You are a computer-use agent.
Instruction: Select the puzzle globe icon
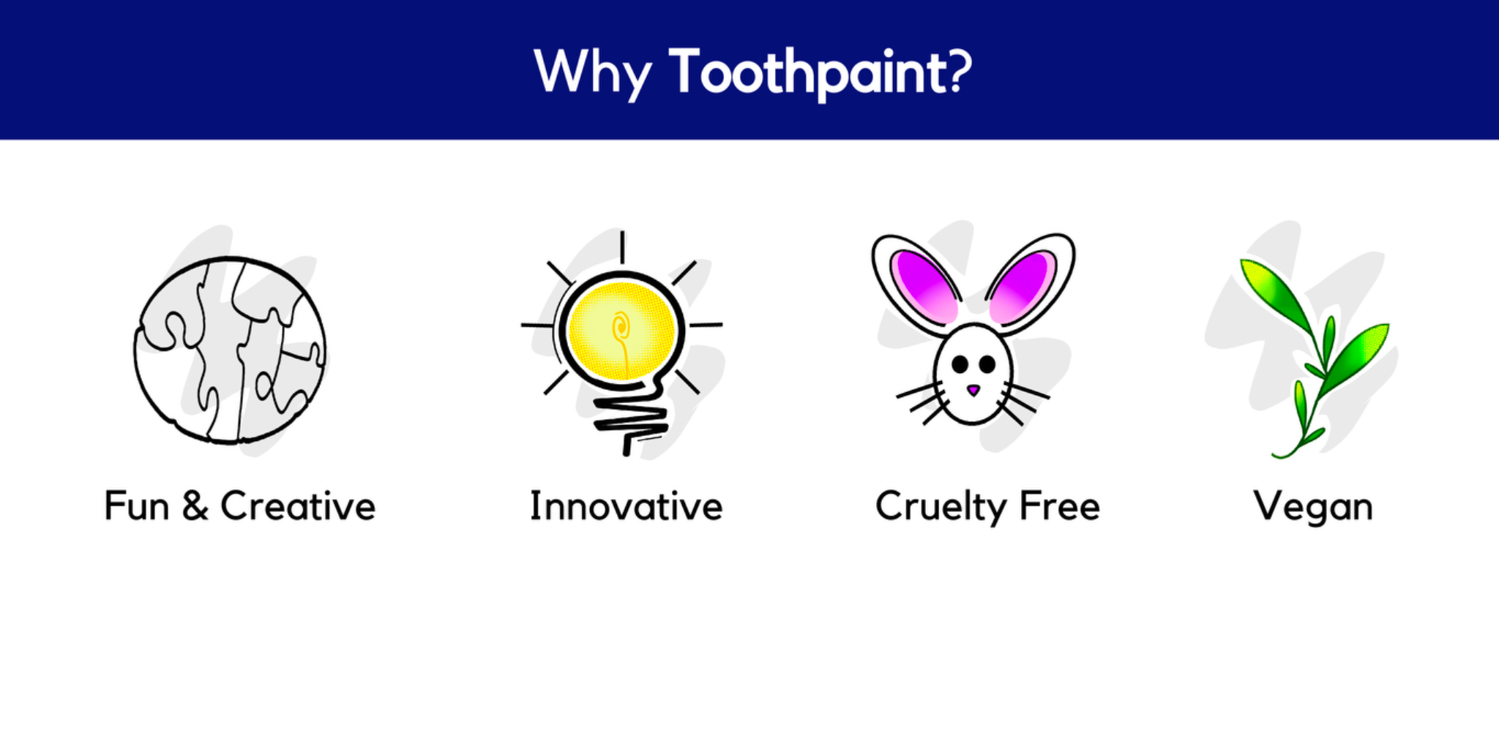coord(230,350)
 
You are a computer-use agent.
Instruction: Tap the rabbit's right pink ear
coord(1022,287)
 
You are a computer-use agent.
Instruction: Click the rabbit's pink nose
coord(973,390)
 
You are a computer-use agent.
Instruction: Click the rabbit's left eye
coord(960,364)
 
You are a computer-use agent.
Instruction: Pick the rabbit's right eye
coord(987,364)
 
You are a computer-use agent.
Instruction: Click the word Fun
coord(137,506)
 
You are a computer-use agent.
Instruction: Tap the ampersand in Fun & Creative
coord(195,506)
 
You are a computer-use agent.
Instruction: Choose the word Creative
coord(298,506)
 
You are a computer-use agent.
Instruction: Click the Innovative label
coord(626,506)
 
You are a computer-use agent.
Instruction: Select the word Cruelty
coord(941,508)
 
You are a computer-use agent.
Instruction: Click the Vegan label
coord(1313,508)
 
